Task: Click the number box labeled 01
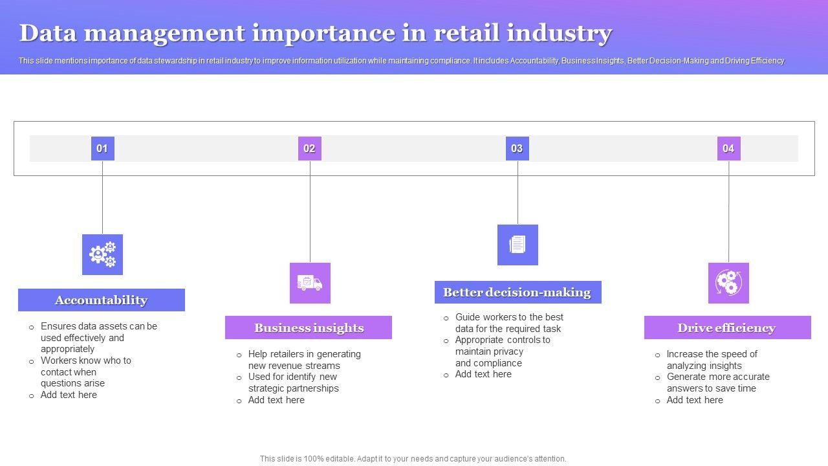[x=102, y=148]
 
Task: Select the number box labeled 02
[x=309, y=148]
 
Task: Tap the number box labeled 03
[x=517, y=148]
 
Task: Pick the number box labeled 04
[x=728, y=148]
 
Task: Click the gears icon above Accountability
[x=102, y=254]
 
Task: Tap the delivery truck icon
[x=310, y=283]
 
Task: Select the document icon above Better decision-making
[x=517, y=245]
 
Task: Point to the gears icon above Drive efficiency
[x=728, y=283]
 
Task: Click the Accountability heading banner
[x=102, y=300]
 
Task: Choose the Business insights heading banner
[x=309, y=327]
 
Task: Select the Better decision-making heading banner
[x=517, y=293]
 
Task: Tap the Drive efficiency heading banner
[x=727, y=327]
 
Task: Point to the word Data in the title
[x=49, y=32]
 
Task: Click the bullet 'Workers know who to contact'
[x=86, y=372]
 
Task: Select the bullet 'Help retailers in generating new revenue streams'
[x=304, y=360]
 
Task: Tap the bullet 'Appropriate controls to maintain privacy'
[x=503, y=351]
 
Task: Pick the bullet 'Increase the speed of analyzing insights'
[x=712, y=360]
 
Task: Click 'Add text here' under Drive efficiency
[x=695, y=400]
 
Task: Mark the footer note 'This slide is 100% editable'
[x=413, y=459]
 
